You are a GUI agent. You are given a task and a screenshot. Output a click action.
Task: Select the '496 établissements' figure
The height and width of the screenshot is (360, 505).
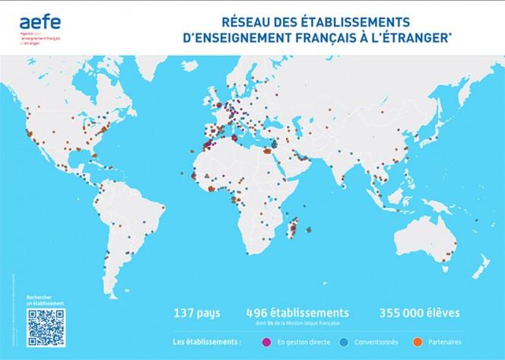[x=298, y=312]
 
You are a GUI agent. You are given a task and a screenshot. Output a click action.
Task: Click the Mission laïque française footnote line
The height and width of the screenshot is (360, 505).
[x=298, y=323]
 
